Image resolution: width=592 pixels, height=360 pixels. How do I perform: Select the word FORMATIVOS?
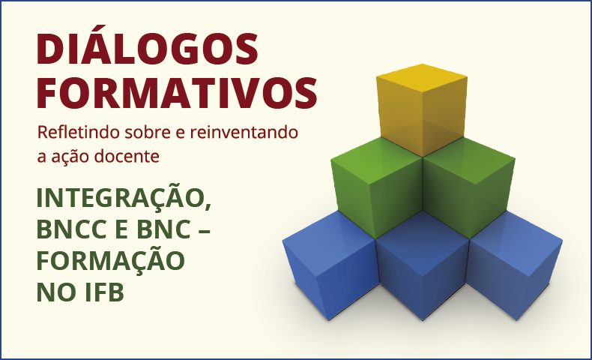[x=177, y=93]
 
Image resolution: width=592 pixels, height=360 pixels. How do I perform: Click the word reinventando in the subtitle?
[x=244, y=132]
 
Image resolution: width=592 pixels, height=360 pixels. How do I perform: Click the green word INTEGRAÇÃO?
[x=121, y=198]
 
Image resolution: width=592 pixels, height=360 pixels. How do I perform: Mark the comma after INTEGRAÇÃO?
[x=208, y=208]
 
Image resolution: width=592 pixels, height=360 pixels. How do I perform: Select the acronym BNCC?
[x=73, y=229]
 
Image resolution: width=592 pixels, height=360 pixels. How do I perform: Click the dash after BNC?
[x=204, y=230]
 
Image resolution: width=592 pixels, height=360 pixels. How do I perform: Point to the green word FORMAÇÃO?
[x=111, y=259]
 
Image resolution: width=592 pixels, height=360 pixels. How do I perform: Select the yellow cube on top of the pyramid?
[x=422, y=110]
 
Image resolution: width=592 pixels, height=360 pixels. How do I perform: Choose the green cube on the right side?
[x=469, y=187]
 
